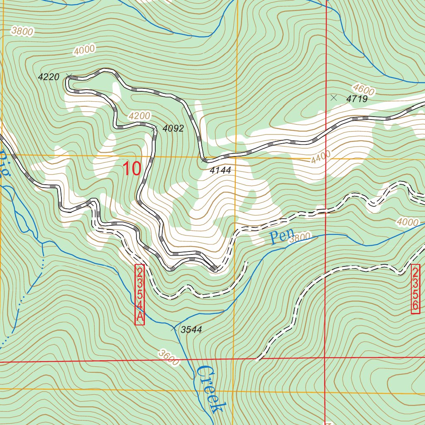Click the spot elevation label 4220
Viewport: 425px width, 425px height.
pyautogui.click(x=49, y=77)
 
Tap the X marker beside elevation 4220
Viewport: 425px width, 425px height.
pyautogui.click(x=69, y=76)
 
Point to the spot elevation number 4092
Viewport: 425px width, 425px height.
pyautogui.click(x=173, y=129)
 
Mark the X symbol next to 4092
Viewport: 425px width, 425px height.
pyautogui.click(x=154, y=129)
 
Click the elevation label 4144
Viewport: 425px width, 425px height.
pyautogui.click(x=220, y=170)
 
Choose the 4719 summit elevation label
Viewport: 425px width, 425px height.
pyautogui.click(x=357, y=99)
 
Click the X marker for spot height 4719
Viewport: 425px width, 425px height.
pyautogui.click(x=333, y=98)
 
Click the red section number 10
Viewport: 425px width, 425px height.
pyautogui.click(x=132, y=169)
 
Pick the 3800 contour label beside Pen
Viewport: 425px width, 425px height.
pyautogui.click(x=300, y=238)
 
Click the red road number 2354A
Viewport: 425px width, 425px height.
pyautogui.click(x=140, y=295)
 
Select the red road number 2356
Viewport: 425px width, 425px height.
pyautogui.click(x=415, y=289)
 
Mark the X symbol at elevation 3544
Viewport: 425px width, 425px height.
pyautogui.click(x=173, y=329)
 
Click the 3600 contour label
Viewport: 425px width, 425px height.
pyautogui.click(x=169, y=357)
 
